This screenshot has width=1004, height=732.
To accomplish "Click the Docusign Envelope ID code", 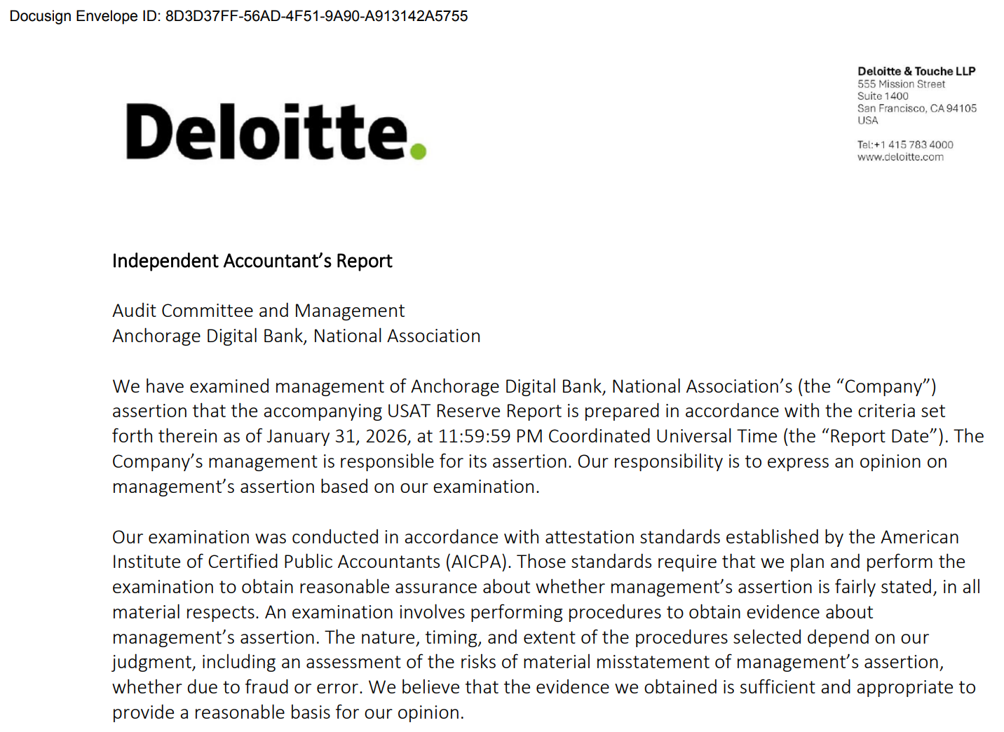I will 316,16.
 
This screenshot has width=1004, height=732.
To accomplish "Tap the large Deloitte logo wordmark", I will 266,132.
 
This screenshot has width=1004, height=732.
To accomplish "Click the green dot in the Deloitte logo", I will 418,151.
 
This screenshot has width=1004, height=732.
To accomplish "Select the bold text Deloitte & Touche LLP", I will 916,71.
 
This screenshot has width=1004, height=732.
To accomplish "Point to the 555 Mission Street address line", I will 901,84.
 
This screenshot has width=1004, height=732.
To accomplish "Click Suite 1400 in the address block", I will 883,96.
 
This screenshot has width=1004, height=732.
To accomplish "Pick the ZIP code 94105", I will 961,108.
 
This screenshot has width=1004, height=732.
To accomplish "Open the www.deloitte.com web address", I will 900,157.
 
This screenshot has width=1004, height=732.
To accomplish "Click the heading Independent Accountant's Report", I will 252,261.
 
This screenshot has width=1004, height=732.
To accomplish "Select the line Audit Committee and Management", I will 258,311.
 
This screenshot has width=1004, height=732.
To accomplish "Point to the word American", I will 919,537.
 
